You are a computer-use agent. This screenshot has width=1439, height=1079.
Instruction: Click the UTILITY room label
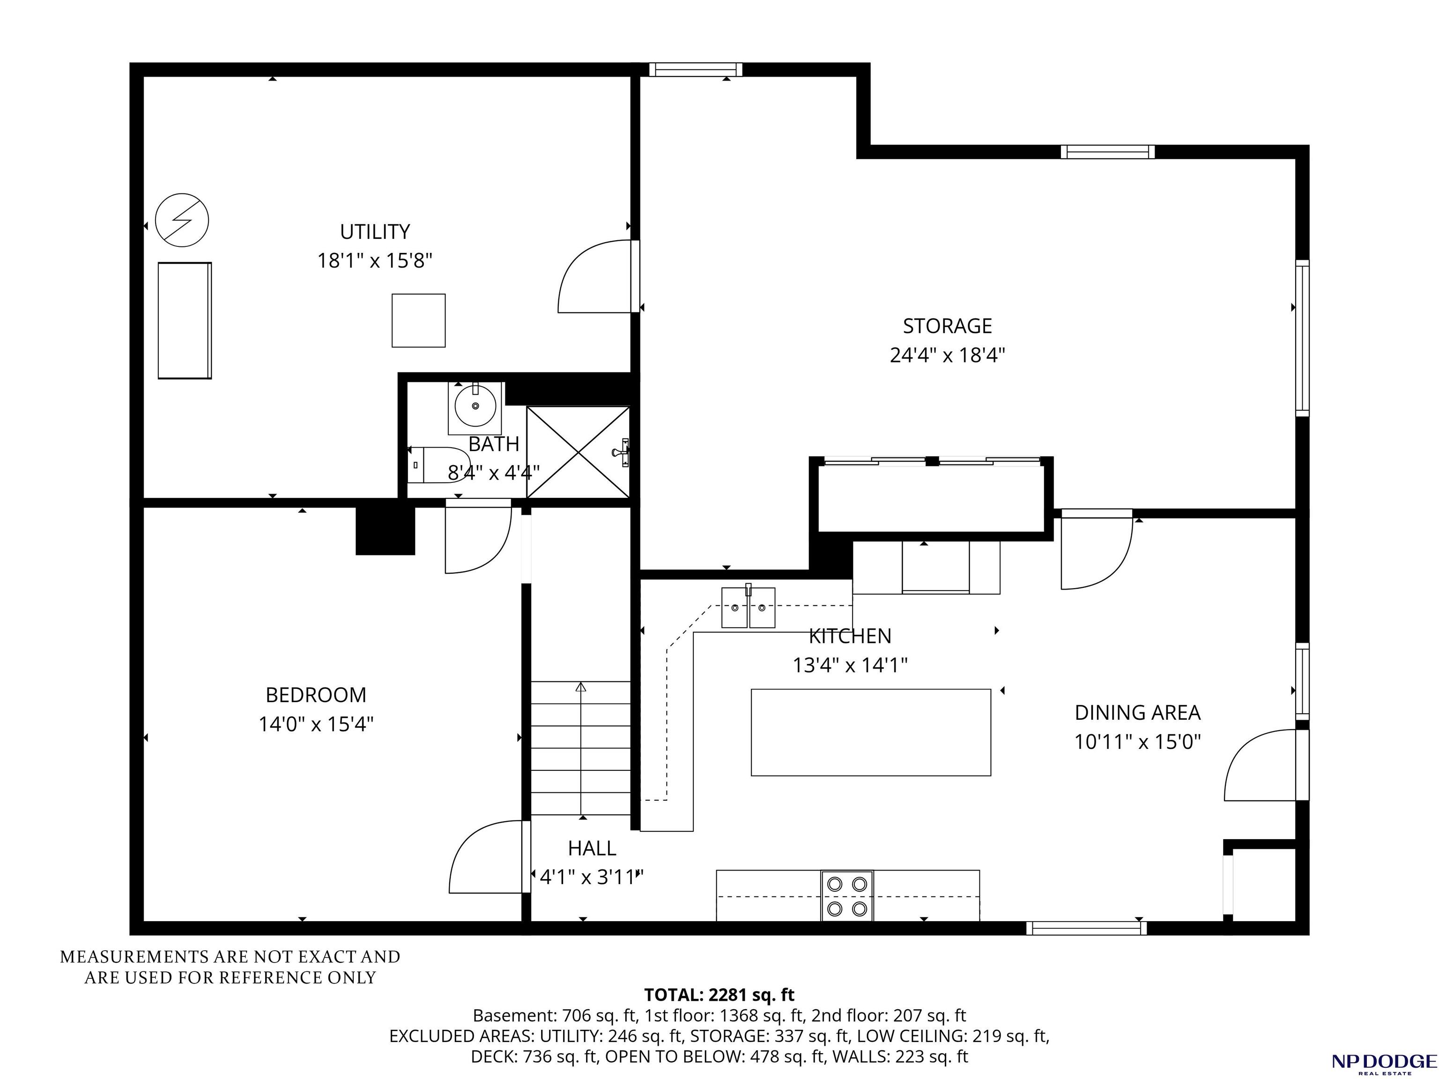375,231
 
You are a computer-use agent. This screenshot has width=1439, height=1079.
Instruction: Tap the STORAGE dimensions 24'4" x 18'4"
947,355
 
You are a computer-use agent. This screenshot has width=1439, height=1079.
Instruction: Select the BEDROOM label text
316,695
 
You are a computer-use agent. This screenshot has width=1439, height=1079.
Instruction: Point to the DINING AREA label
1137,712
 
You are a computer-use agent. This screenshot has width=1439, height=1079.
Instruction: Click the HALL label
591,848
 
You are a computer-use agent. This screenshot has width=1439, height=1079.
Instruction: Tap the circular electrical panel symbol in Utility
182,220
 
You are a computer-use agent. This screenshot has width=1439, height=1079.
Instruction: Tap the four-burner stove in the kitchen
847,895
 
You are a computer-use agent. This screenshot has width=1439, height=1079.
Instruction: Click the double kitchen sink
748,607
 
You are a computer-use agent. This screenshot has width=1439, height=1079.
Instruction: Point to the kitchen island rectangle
870,732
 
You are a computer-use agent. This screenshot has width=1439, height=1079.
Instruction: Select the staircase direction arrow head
581,686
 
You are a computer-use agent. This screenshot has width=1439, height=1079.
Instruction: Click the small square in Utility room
418,320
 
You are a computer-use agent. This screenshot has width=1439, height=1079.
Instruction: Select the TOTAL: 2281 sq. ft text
719,994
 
